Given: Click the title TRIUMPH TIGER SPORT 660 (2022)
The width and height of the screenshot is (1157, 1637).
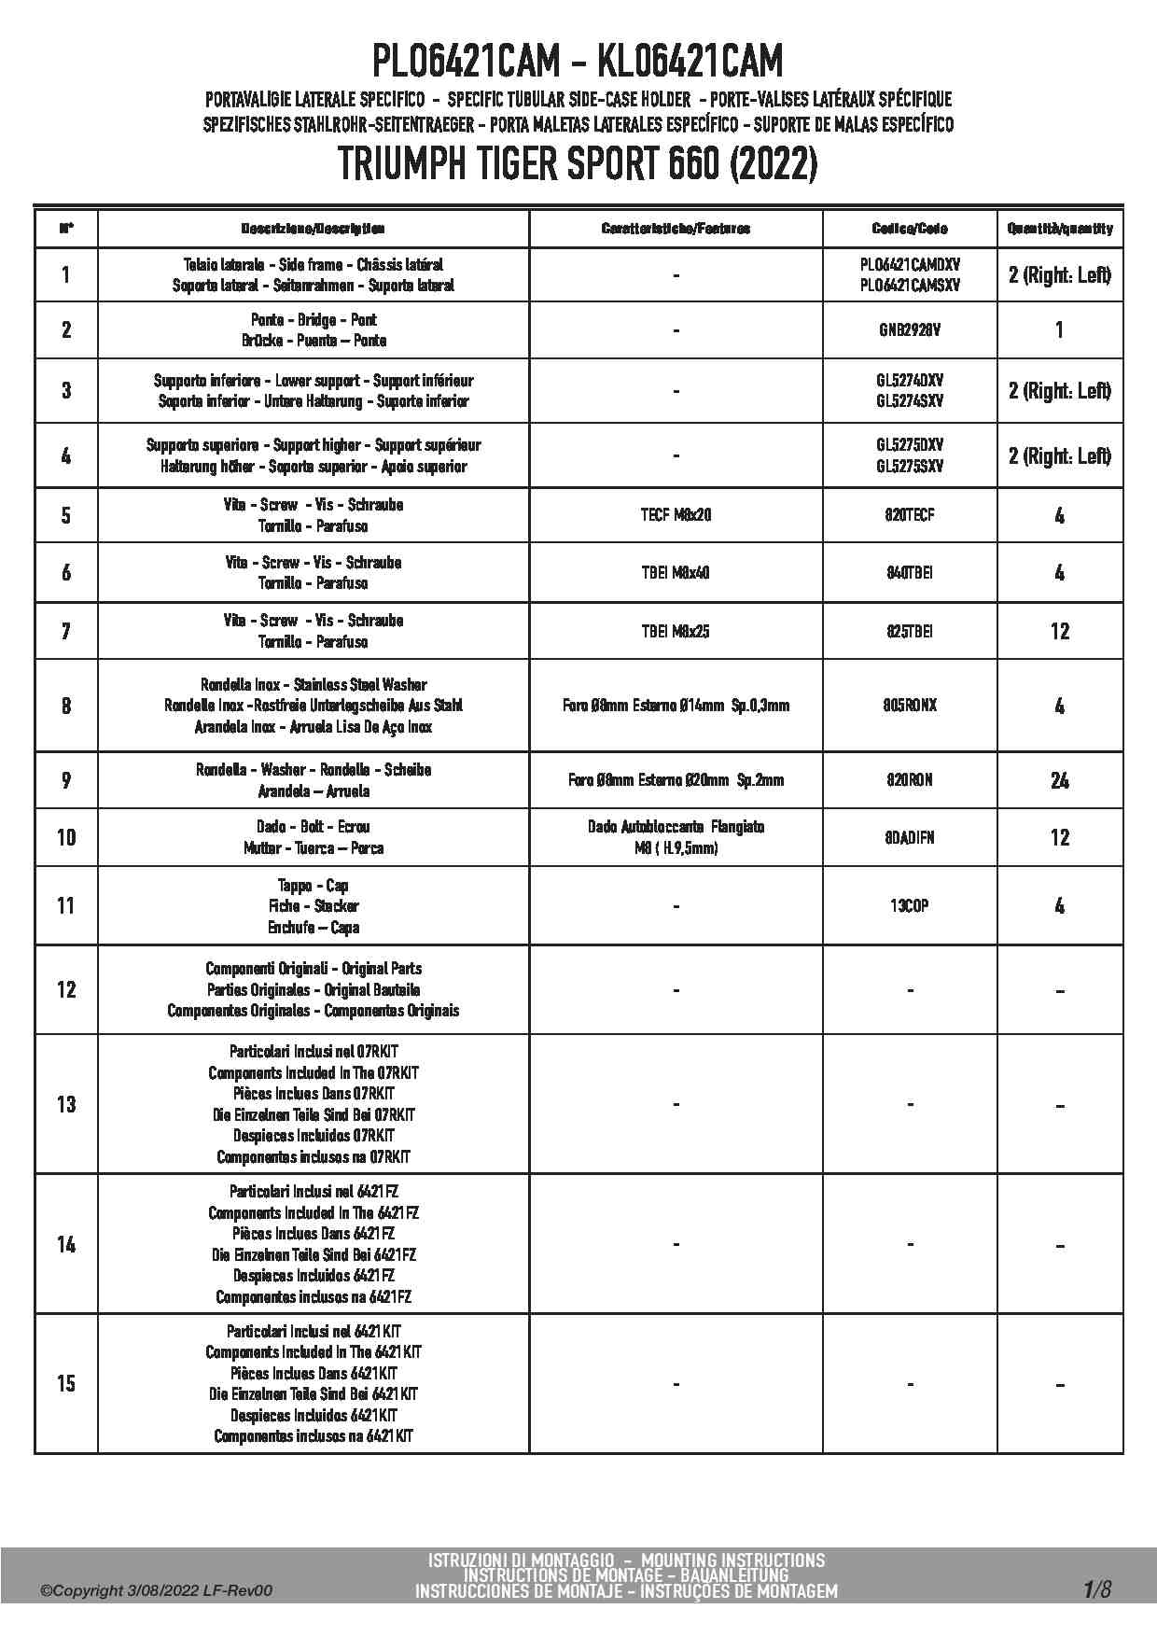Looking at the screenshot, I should (x=578, y=165).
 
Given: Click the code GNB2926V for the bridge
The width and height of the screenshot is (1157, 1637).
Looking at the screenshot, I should (x=909, y=329).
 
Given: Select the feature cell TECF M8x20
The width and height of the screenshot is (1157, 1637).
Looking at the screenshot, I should (x=676, y=515).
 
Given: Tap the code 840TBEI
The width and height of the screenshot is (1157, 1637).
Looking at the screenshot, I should (x=909, y=573).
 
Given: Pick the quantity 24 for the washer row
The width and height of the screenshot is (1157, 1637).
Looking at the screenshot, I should (x=1059, y=780).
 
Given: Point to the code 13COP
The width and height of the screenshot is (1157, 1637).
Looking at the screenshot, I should (x=909, y=905).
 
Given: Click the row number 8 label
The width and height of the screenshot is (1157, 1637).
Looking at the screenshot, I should (x=65, y=706).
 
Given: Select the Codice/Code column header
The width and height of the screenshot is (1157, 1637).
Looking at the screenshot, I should (x=909, y=229).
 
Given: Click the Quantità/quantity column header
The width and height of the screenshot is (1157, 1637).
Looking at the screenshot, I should (x=1059, y=229).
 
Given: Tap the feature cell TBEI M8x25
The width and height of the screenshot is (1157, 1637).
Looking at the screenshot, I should (x=676, y=631).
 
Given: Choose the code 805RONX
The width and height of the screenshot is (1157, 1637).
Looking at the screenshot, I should (x=909, y=706).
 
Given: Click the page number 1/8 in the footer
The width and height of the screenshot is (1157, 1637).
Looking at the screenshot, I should (x=1097, y=1589).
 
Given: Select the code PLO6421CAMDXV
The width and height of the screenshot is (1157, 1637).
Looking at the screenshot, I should (x=909, y=265).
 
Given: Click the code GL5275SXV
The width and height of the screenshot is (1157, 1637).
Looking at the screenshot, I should (x=909, y=467).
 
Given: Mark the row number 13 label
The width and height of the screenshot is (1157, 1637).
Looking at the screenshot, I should (x=65, y=1104).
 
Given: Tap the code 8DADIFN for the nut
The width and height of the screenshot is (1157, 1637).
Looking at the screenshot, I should (x=909, y=837).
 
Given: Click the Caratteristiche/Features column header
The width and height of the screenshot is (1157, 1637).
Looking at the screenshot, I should (x=676, y=229).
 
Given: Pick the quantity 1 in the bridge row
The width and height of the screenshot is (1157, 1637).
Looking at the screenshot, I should (x=1059, y=329).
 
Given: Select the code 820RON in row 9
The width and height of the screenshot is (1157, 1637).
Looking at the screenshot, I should (x=909, y=780).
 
